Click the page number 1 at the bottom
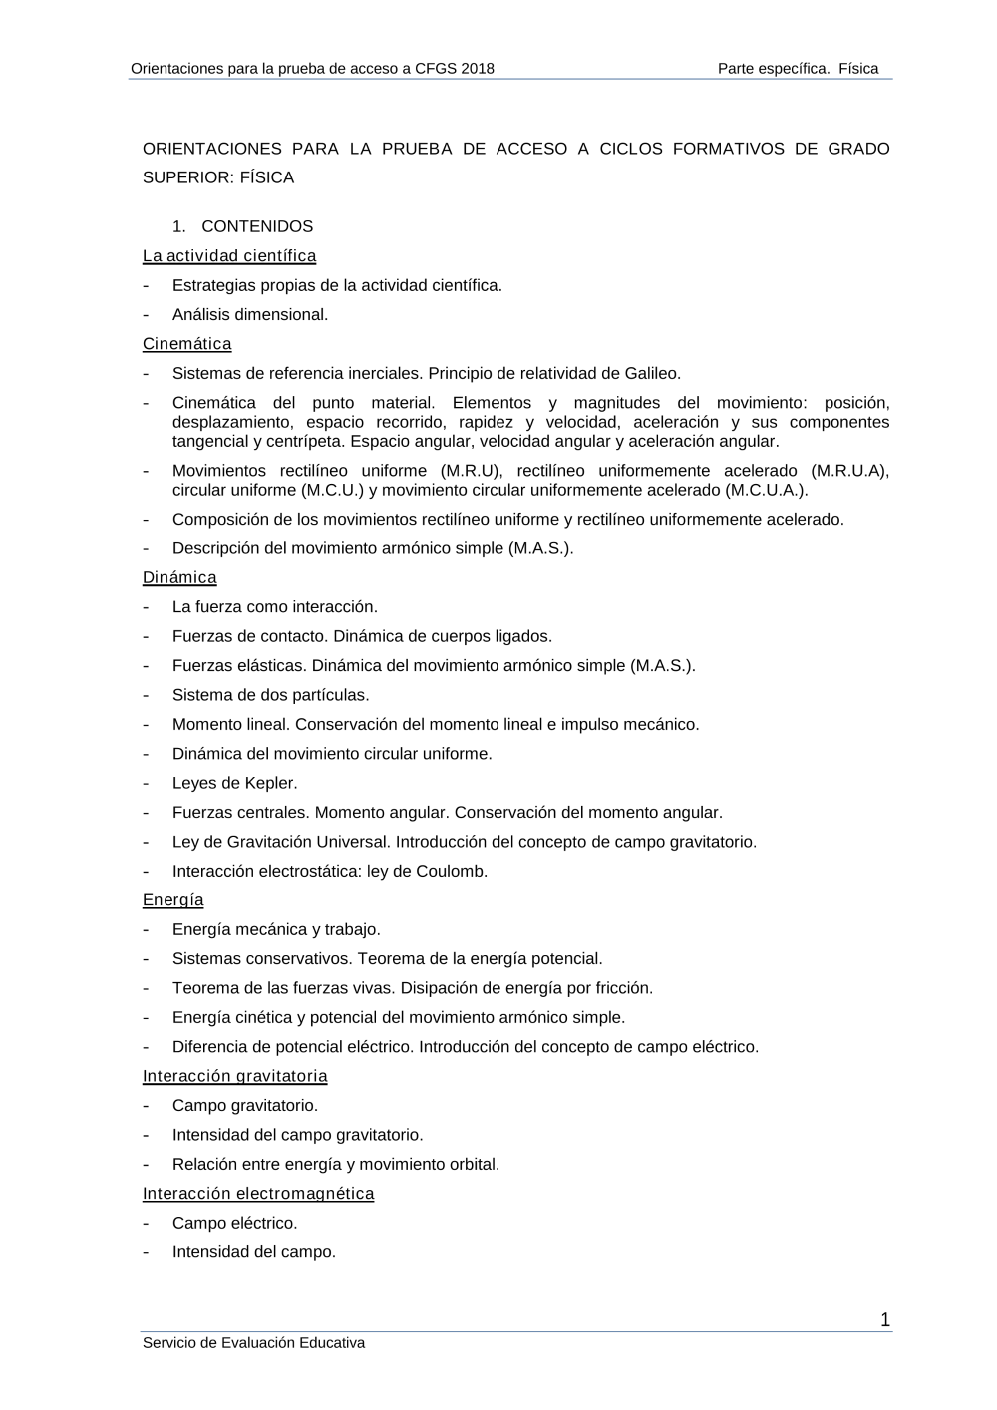[885, 1320]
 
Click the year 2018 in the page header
[477, 69]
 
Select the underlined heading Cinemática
[187, 344]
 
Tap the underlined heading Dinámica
[179, 577]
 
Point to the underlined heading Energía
[173, 899]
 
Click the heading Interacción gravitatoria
[235, 1076]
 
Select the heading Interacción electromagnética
[258, 1193]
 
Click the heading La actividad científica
[229, 256]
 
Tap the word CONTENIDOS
[257, 226]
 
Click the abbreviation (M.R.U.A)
[849, 471]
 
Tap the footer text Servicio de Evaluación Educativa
[254, 1343]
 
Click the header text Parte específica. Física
[798, 69]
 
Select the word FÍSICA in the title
[267, 177]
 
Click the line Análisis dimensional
[250, 314]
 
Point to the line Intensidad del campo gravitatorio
[298, 1135]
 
